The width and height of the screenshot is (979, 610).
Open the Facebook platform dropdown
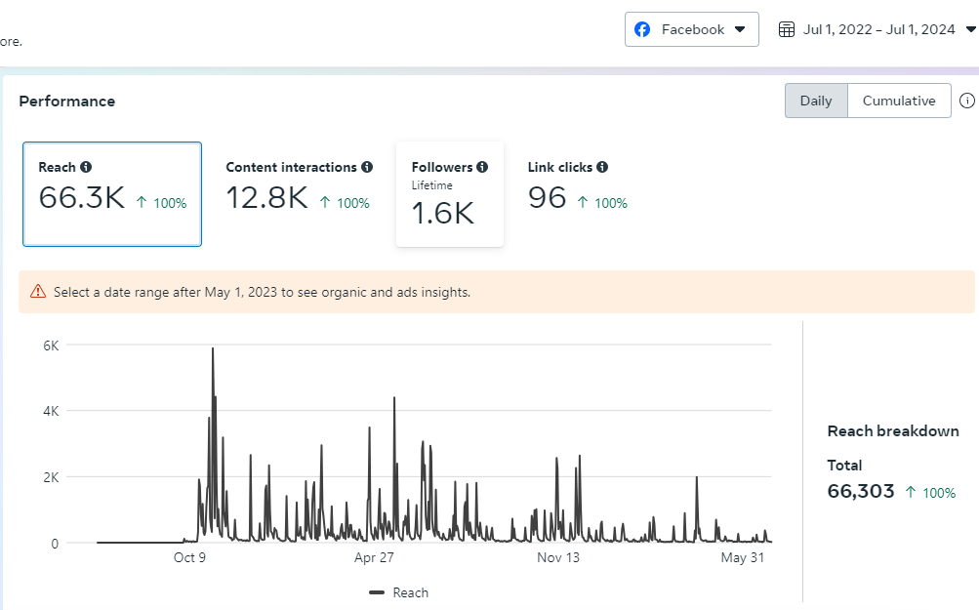[692, 29]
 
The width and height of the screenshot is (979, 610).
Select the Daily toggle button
[816, 101]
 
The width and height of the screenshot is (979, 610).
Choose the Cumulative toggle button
[899, 101]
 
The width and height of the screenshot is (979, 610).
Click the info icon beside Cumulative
[967, 101]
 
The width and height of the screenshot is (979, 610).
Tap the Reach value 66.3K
[82, 198]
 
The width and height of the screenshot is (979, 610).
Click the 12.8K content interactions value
[266, 198]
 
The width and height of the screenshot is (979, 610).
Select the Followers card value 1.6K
[442, 213]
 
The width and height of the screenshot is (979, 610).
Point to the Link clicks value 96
[547, 198]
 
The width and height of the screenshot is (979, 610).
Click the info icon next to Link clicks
[602, 168]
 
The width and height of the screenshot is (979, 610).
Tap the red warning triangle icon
[37, 291]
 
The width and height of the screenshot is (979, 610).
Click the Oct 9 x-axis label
[190, 557]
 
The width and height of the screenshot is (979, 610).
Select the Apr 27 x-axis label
[374, 557]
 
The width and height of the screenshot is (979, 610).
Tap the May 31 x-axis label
[742, 557]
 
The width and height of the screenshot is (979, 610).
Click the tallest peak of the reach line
[213, 349]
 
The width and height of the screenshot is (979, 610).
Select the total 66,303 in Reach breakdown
[861, 491]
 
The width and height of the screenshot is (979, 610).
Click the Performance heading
[67, 102]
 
